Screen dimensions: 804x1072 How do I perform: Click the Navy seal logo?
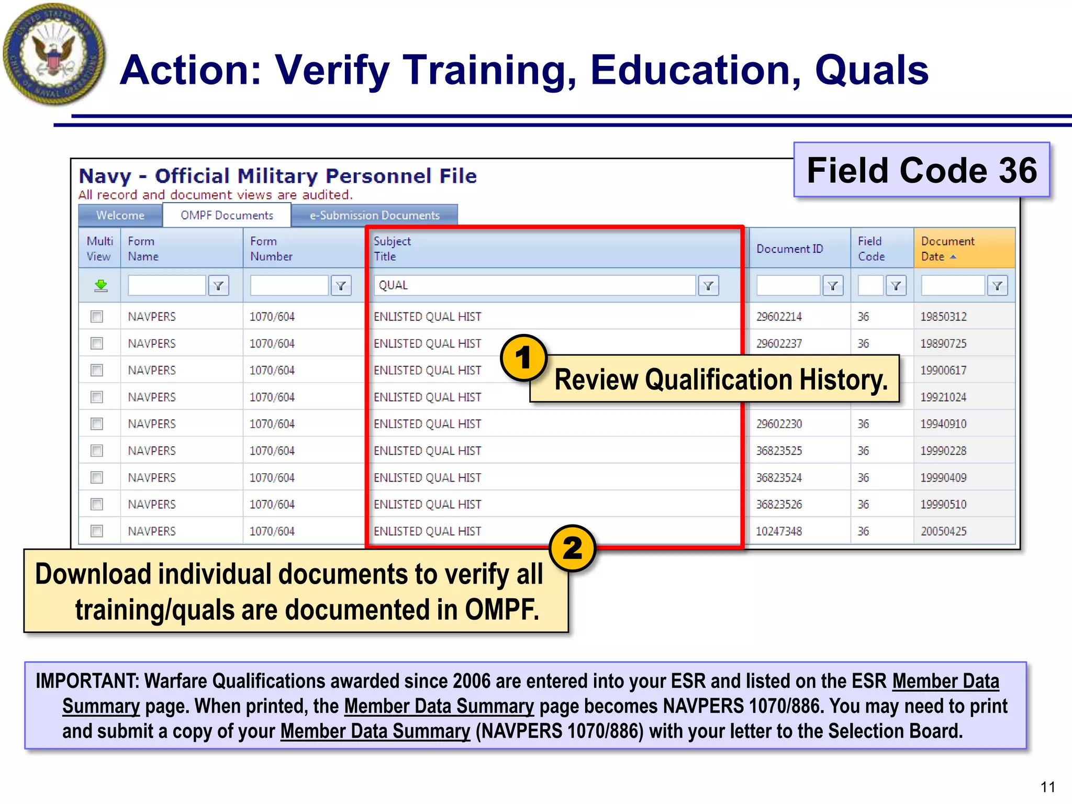coord(53,54)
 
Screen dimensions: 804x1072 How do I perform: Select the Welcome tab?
coord(120,216)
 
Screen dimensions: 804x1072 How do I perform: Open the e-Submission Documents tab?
coord(374,216)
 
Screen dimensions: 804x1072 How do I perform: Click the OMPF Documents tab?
coord(227,216)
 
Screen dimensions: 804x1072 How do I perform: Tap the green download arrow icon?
coord(100,285)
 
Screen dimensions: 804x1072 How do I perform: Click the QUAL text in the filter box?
coord(393,285)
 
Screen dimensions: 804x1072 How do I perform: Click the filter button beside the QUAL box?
coord(708,286)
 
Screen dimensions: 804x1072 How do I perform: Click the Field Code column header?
coord(872,249)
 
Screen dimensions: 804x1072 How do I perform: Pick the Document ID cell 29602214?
coord(778,317)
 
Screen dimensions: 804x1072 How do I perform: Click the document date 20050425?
coord(943,531)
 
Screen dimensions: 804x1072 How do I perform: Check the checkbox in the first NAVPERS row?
coord(97,317)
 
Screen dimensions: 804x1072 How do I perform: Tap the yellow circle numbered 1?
coord(523,358)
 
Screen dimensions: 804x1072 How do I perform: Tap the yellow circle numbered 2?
coord(572,548)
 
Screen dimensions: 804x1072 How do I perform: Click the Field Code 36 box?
coord(921,170)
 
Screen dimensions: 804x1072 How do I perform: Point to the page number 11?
coord(1047,787)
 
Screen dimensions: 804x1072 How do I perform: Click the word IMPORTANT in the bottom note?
coord(87,681)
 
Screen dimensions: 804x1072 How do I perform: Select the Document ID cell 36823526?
coord(778,505)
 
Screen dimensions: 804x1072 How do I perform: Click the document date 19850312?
coord(943,317)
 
